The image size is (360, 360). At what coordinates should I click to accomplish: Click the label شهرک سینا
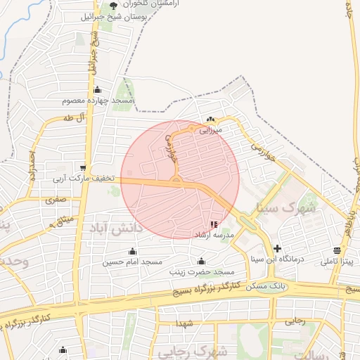(288, 208)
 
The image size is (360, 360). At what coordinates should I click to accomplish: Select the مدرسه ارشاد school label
(213, 235)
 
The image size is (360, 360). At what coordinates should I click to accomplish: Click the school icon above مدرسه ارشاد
(213, 225)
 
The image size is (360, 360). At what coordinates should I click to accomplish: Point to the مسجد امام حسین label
(132, 262)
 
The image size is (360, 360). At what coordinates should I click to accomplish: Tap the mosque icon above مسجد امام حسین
(132, 252)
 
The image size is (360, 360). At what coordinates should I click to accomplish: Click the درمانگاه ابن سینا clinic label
(277, 259)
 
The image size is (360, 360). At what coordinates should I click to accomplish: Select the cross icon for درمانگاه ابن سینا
(278, 248)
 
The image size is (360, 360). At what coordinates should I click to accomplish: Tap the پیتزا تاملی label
(337, 262)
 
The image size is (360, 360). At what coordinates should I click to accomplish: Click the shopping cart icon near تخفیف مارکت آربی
(84, 168)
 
